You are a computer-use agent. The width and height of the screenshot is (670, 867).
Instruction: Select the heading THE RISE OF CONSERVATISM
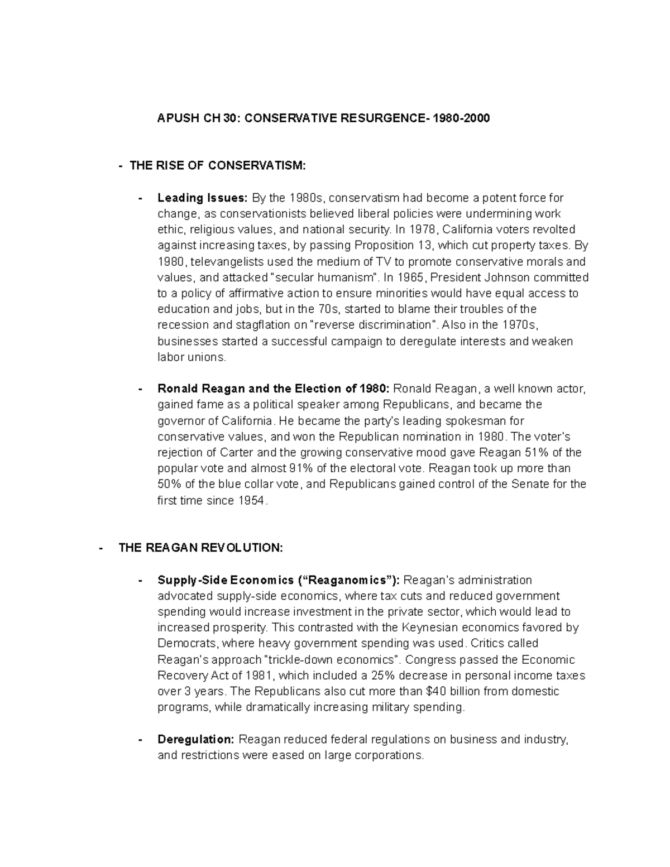coord(218,165)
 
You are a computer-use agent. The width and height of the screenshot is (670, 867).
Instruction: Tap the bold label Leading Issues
coord(202,198)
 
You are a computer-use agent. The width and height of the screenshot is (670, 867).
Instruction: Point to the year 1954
coord(250,500)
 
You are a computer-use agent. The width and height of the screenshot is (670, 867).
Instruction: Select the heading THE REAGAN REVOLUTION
coord(201,548)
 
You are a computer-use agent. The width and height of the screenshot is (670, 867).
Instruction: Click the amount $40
coord(437,691)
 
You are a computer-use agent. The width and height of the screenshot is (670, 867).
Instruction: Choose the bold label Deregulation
coord(195,739)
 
